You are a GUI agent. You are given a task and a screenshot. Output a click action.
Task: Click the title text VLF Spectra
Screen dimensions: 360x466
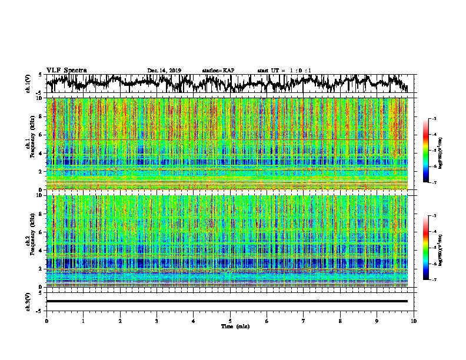coord(66,70)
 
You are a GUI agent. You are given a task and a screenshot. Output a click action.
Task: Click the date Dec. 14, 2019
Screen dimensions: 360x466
coord(164,71)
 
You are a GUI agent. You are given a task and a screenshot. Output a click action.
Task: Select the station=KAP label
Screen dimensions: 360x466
coord(218,71)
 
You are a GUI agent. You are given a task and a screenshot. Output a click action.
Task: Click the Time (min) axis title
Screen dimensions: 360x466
coord(230,326)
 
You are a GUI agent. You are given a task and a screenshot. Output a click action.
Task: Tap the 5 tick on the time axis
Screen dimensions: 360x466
coord(230,321)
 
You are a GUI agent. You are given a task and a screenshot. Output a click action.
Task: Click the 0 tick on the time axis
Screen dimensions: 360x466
coord(46,321)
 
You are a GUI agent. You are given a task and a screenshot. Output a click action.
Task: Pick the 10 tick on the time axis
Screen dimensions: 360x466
coord(414,321)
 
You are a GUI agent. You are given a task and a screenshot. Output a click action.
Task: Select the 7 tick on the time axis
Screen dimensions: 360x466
coord(304,321)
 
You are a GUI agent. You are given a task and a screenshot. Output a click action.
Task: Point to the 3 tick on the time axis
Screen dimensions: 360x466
coord(157,321)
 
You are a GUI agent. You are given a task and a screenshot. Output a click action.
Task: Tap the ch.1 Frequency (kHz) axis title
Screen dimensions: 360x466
coord(31,143)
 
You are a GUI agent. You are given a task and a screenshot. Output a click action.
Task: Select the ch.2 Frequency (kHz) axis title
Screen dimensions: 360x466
coord(31,241)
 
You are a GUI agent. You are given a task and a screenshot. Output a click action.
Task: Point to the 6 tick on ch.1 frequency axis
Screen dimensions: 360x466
coord(42,135)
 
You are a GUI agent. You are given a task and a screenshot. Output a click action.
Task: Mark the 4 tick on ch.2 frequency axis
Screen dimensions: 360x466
coord(42,251)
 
